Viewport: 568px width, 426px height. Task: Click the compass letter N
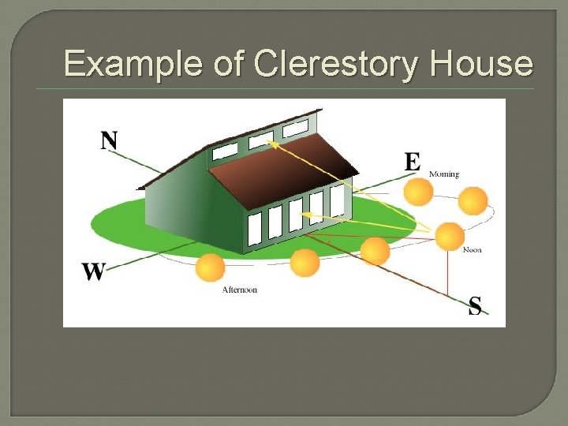[x=109, y=141]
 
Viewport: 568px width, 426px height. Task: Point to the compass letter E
[x=413, y=162]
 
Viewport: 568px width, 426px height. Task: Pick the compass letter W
[x=93, y=272]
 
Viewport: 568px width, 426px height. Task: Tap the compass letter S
[x=475, y=305]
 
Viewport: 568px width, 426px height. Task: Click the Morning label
[x=444, y=174]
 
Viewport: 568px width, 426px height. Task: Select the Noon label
[x=472, y=250]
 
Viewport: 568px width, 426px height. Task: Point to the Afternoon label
[x=239, y=290]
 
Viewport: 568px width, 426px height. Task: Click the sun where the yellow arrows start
[x=450, y=236]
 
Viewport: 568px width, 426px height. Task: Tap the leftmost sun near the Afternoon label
[x=211, y=268]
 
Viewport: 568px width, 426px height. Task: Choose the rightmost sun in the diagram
[x=473, y=200]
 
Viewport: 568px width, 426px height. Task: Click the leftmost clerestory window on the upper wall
[x=225, y=151]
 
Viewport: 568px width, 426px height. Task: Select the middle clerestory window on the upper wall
[x=260, y=140]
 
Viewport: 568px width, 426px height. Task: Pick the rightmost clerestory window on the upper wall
[x=295, y=129]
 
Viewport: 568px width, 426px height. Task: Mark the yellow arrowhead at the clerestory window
[x=270, y=142]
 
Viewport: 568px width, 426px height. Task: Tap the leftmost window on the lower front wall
[x=254, y=229]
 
